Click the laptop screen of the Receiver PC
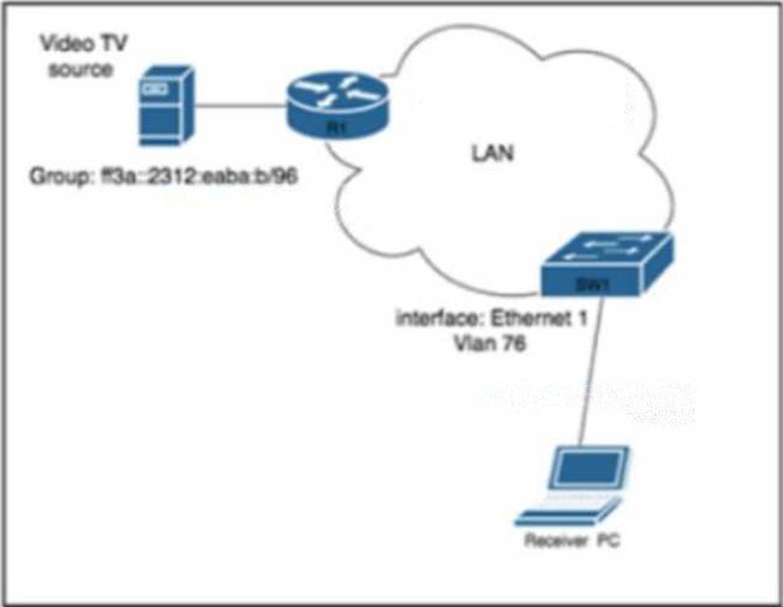pyautogui.click(x=590, y=470)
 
